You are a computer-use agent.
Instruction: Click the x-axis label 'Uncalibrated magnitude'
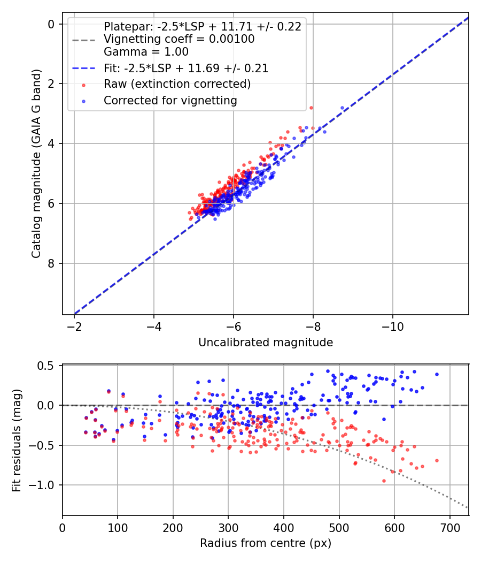click(x=266, y=343)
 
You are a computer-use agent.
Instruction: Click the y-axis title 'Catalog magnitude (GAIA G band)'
click(x=36, y=164)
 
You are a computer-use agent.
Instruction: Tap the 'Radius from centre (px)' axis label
click(x=266, y=543)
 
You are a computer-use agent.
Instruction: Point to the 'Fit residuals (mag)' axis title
click(x=17, y=440)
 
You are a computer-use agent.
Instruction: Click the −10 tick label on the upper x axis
click(x=393, y=326)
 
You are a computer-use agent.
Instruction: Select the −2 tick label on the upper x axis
click(x=74, y=326)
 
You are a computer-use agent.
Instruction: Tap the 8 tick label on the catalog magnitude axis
click(x=51, y=263)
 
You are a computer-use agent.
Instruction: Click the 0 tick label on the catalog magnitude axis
click(x=51, y=24)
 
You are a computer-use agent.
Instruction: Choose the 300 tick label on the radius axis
click(x=228, y=528)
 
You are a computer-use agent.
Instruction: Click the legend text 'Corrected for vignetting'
click(x=170, y=101)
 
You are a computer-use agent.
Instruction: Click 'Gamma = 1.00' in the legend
click(x=146, y=51)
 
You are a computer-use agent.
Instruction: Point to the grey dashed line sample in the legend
click(x=84, y=40)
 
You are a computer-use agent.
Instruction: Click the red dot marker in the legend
click(x=84, y=85)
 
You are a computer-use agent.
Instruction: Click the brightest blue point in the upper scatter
click(x=342, y=108)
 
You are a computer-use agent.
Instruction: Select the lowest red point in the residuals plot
click(x=384, y=481)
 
